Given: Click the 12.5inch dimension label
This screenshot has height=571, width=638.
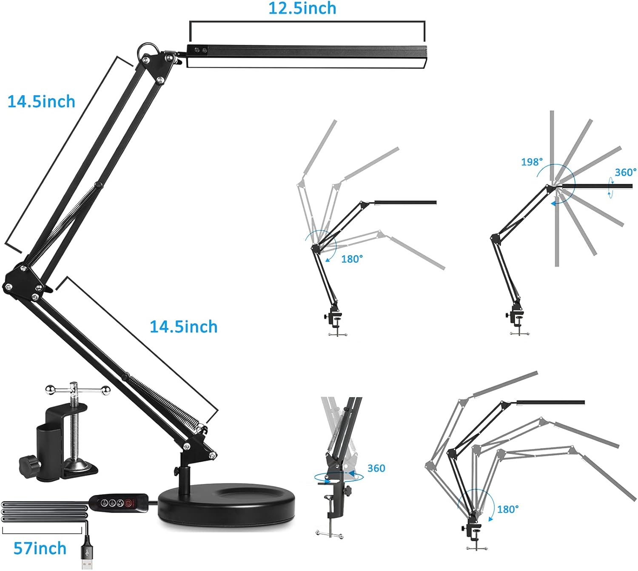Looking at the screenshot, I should coord(302,8).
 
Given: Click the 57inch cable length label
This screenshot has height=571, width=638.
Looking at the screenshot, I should coord(40,548).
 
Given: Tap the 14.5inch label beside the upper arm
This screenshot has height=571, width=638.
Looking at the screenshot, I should coord(41,102).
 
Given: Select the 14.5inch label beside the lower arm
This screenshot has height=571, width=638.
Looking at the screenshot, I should coord(183,327).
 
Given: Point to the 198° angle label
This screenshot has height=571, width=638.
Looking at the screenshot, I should coord(532,162).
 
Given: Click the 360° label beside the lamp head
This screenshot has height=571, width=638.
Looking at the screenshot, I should coord(625,172).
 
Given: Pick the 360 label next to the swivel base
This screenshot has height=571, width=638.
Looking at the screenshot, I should coord(376,468).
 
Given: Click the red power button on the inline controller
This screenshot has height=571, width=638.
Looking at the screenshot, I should coord(130,503).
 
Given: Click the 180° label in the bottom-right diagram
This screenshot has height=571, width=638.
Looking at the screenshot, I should coord(508,509).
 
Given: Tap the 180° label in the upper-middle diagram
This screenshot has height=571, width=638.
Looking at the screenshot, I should coord(352,259).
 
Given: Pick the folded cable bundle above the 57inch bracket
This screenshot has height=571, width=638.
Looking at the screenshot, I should coord(44,512).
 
